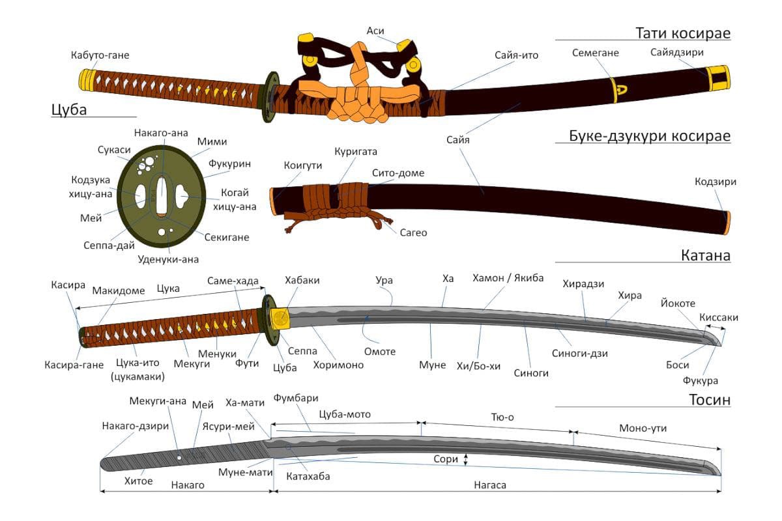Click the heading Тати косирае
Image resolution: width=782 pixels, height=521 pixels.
(683, 33)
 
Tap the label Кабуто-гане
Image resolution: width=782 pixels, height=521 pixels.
(100, 55)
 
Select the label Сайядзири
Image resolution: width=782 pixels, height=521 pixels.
(676, 52)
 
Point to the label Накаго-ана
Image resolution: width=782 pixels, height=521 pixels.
(161, 133)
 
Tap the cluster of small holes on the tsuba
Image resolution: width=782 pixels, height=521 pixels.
(146, 165)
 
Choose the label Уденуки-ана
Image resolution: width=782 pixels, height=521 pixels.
(168, 259)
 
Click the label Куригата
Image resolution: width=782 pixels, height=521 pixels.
(356, 152)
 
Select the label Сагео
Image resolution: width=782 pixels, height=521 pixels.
(413, 232)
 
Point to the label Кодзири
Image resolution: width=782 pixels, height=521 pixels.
(716, 182)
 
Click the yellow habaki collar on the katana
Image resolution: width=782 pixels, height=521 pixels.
(280, 318)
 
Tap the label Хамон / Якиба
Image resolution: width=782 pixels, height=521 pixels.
(508, 278)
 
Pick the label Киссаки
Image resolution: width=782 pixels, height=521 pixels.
(718, 317)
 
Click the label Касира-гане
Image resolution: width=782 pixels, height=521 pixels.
(74, 365)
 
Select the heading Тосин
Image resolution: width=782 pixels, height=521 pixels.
(710, 400)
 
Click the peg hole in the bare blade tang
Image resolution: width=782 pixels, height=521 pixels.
(179, 457)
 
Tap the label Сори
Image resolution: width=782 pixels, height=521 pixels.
(446, 459)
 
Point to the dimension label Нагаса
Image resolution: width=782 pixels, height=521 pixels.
(490, 485)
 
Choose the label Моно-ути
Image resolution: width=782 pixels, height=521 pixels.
(643, 428)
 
